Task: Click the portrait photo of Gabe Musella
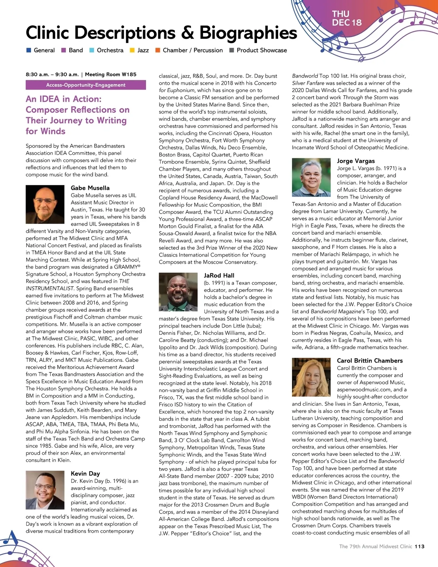click(45, 204)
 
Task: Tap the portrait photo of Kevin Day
click(45, 490)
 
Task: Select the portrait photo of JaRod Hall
click(178, 292)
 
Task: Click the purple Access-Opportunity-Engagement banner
click(86, 85)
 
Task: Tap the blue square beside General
click(29, 50)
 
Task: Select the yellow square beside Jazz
click(132, 50)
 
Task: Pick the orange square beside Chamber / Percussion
click(158, 50)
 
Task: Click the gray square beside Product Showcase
click(231, 50)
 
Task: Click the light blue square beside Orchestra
click(92, 50)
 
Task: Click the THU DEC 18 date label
click(346, 18)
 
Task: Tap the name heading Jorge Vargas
click(356, 161)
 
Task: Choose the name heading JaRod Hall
click(219, 276)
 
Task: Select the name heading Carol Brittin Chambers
click(370, 361)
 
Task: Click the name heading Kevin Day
click(85, 474)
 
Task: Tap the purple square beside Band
click(64, 50)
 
